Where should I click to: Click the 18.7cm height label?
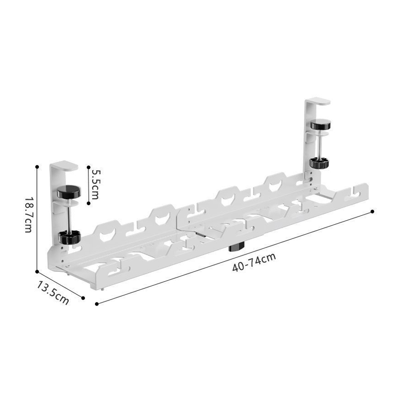click(x=29, y=215)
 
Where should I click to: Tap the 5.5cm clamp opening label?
click(x=95, y=184)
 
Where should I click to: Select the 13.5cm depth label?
click(x=53, y=293)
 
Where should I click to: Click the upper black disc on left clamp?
click(x=69, y=192)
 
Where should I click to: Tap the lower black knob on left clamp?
click(x=69, y=237)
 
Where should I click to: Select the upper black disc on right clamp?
click(x=321, y=125)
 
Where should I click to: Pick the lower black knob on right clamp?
click(x=320, y=163)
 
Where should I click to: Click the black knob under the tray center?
click(x=236, y=247)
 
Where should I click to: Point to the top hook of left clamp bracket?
click(x=64, y=166)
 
